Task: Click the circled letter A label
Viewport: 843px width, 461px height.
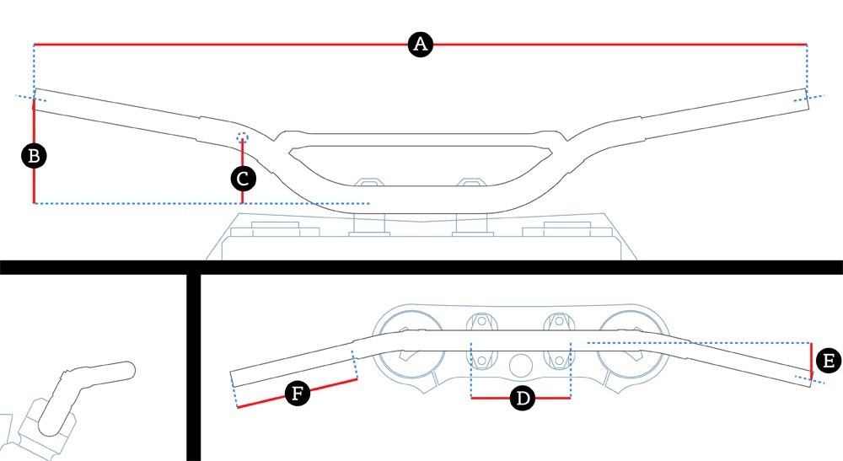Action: coord(420,45)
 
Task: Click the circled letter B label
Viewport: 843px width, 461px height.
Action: coord(35,156)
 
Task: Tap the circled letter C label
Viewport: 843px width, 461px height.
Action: coord(243,179)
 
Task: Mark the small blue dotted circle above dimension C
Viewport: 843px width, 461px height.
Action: coord(243,137)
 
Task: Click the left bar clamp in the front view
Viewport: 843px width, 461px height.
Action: coord(368,183)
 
